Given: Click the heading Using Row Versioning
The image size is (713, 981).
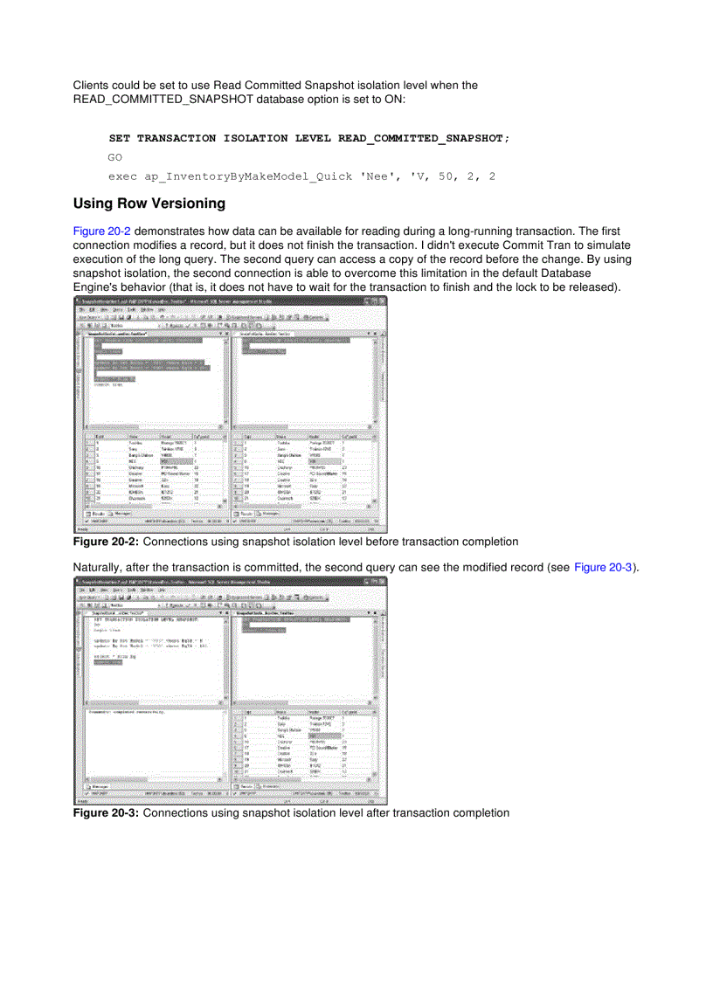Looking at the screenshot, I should pos(149,204).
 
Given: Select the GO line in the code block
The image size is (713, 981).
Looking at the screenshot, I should pos(115,157).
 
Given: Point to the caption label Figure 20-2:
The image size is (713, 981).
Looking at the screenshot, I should pos(106,542).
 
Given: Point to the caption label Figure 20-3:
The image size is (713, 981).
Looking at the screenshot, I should pos(106,813).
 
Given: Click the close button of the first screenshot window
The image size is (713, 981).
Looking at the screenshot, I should pos(381,301).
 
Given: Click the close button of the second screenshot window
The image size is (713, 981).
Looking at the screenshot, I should pos(381,580).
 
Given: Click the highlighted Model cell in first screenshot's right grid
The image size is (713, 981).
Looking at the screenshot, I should pos(321,461).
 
